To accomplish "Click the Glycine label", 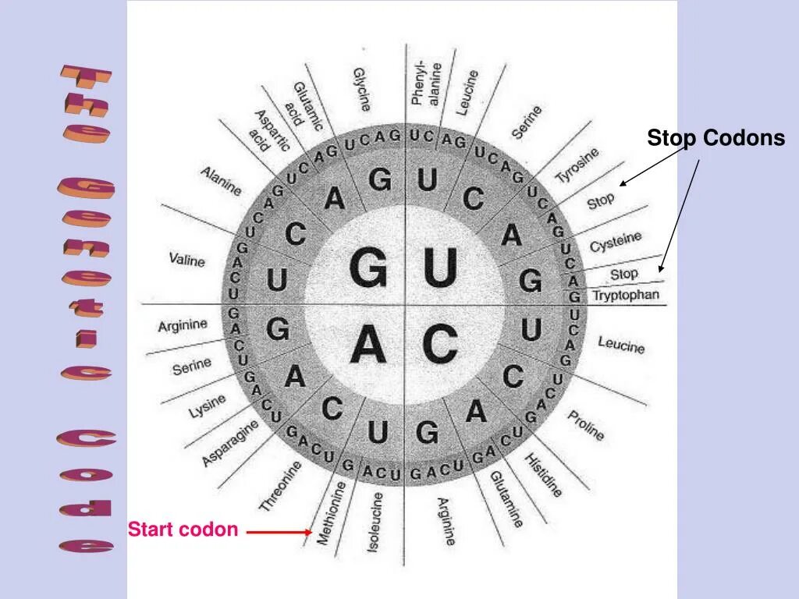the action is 360,88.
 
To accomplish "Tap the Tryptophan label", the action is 626,296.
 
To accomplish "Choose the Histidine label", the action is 543,474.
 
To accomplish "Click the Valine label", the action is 187,259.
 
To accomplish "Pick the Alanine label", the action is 221,181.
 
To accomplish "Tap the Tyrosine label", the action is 577,165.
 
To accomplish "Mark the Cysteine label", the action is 616,241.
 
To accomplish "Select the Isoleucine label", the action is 375,522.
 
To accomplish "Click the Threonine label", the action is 280,486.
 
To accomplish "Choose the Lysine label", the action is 207,406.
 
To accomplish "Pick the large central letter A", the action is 368,343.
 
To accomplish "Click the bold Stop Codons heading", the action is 716,139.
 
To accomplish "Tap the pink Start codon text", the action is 183,530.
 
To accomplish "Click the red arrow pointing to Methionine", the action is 279,532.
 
